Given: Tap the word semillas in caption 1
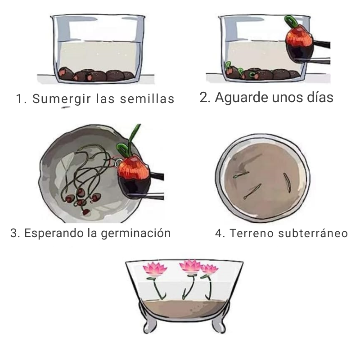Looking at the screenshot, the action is tap(147, 99).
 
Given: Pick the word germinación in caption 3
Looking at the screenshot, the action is tap(136, 234).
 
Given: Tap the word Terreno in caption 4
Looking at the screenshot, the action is tap(252, 233).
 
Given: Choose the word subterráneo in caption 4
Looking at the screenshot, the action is tap(313, 233).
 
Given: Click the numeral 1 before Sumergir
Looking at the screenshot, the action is tap(20, 99).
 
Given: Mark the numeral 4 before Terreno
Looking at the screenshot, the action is tap(218, 233).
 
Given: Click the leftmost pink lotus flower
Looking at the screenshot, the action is tap(154, 269).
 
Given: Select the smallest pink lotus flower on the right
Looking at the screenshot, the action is tap(209, 269).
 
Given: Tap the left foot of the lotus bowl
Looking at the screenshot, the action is tap(150, 325).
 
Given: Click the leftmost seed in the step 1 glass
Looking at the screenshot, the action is tap(66, 73).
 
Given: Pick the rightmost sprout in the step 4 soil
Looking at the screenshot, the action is tap(287, 182).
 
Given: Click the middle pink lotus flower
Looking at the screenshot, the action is tap(190, 266).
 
